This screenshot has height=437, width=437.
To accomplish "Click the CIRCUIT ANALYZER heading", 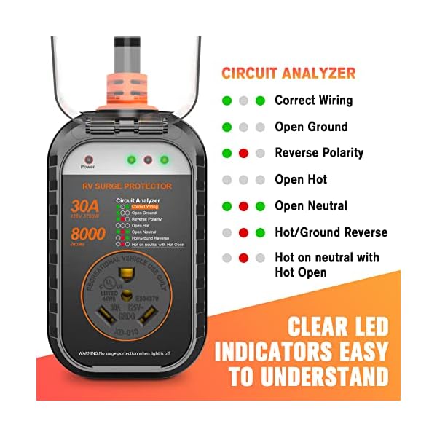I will coord(288,73).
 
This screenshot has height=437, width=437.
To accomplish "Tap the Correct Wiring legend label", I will coord(313,100).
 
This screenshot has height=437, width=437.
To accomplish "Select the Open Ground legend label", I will coord(311,127).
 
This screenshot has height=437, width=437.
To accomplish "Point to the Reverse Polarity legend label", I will coord(319,153).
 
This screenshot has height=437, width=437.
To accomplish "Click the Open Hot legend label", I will coord(301,179).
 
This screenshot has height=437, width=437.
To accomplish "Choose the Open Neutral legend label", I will coord(311,206).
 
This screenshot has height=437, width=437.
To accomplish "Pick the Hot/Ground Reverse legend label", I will coord(331,232).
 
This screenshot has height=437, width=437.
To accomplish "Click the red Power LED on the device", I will coord(88,159).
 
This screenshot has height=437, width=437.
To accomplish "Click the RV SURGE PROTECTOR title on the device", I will coord(128,186).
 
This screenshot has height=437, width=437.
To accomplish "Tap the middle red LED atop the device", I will coord(148,159).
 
